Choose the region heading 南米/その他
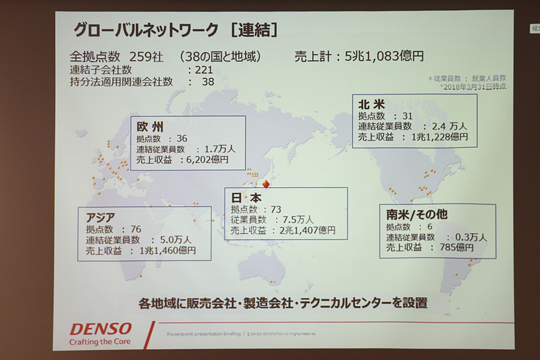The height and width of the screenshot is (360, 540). pos(417,214)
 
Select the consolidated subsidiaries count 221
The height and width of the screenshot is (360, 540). pos(205,70)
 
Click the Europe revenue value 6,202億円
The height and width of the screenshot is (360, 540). pos(206,160)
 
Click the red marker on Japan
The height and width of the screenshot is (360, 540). pos(267,184)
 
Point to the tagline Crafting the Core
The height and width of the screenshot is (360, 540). pos(100,341)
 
